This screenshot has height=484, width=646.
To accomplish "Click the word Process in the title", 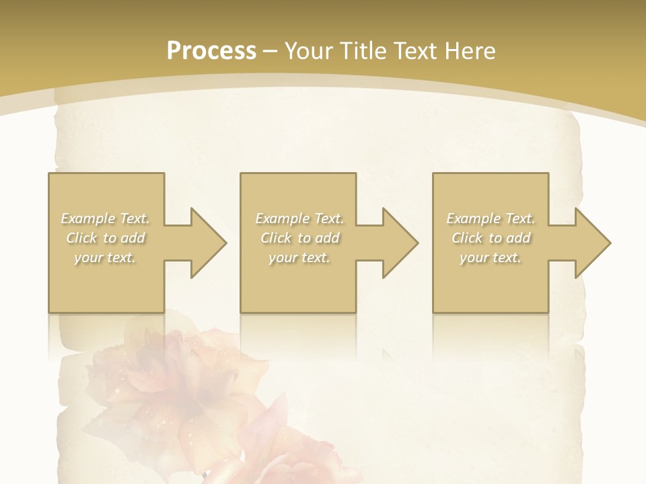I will tap(211, 51).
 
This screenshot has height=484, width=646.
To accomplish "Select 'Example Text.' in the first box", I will tap(106, 218).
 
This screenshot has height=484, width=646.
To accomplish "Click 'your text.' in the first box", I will tap(106, 257).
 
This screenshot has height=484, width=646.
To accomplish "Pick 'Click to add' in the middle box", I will tap(299, 238).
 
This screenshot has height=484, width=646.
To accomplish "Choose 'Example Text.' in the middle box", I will tap(299, 218).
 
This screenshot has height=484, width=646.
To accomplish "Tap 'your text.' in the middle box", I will tap(299, 257).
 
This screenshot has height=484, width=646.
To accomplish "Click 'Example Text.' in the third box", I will tap(491, 218).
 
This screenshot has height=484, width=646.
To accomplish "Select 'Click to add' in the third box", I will tap(491, 238).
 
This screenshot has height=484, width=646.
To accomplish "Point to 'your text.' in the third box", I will tap(491, 257).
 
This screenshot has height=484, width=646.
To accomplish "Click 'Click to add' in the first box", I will tap(106, 238).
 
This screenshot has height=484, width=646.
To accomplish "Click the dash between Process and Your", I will tap(270, 52).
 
